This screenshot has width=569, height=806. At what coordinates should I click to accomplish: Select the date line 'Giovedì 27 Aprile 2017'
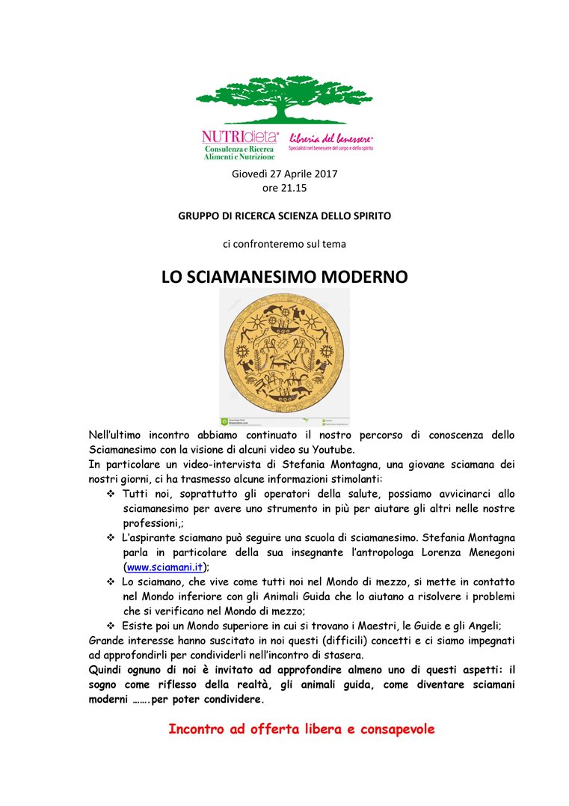pos(284,174)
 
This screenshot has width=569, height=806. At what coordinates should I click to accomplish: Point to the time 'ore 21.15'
pos(284,188)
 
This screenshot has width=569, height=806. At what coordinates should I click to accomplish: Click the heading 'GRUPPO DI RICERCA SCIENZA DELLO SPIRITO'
pos(284,216)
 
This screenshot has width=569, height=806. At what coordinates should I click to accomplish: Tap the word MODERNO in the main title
pos(365,277)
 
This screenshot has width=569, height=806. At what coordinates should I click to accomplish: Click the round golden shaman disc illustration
pos(284,352)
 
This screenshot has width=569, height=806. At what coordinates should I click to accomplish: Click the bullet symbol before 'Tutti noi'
pos(111,494)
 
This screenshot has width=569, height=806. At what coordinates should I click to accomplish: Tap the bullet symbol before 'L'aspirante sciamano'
pos(111,537)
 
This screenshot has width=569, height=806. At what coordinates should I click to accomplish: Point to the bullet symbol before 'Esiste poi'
pos(111,625)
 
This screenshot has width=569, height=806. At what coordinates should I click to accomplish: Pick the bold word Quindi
pos(107,669)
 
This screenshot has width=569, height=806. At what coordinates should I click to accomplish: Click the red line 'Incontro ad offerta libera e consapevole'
pos(301,729)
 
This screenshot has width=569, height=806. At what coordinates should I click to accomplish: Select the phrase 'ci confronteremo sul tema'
pos(284,244)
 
